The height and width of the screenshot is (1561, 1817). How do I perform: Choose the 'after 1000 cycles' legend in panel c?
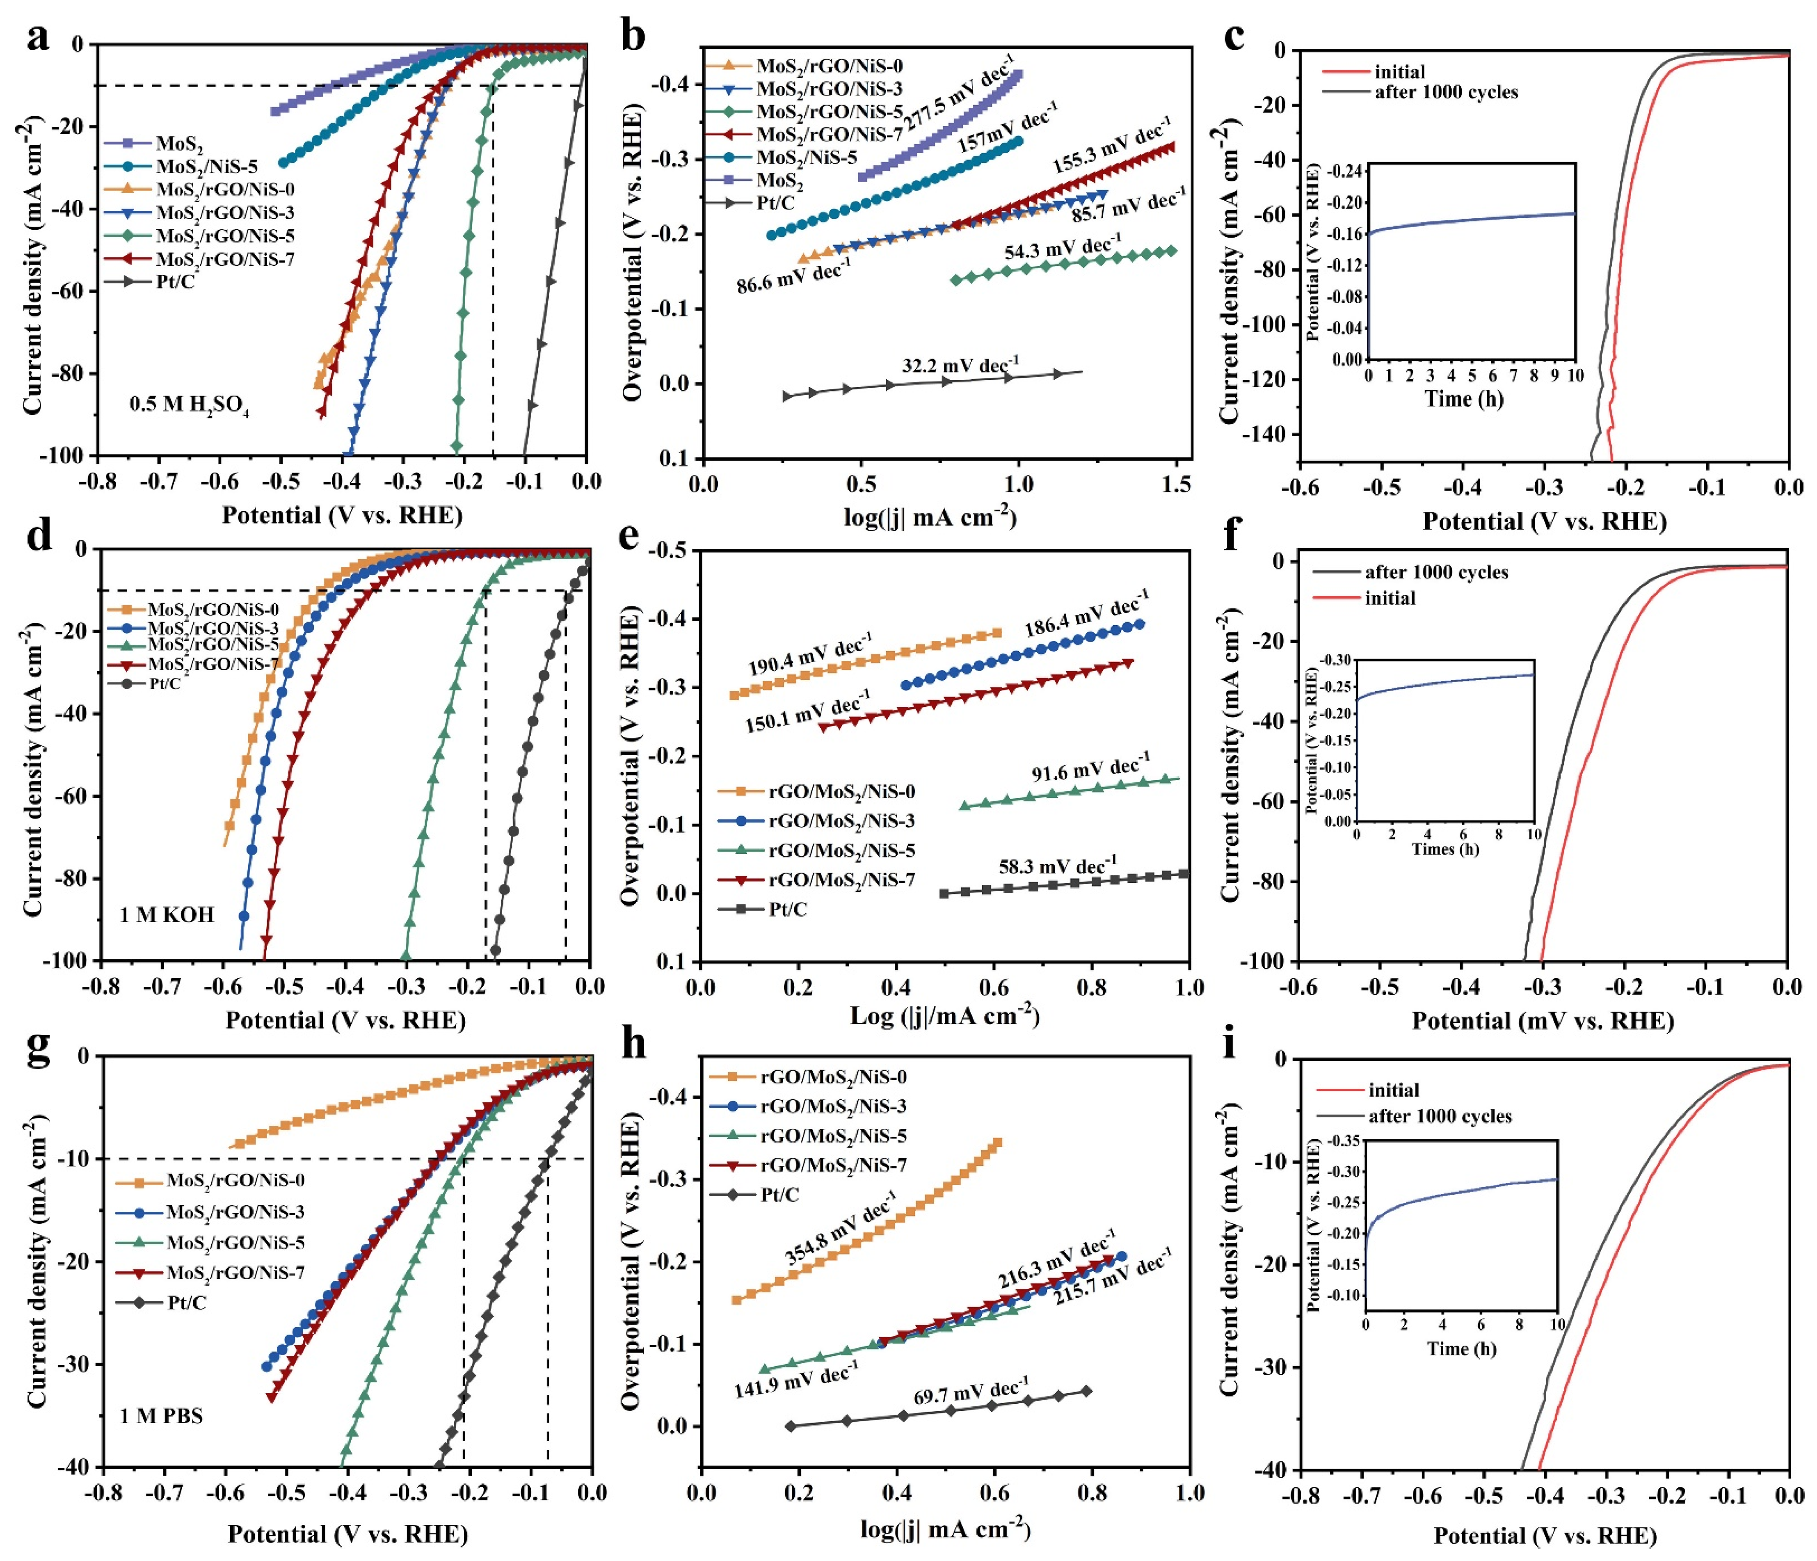click(1445, 92)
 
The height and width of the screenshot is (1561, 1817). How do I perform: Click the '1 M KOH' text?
click(167, 915)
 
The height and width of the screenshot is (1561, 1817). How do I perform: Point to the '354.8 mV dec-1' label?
click(840, 1228)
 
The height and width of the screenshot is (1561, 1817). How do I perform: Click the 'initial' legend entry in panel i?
click(1392, 1090)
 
